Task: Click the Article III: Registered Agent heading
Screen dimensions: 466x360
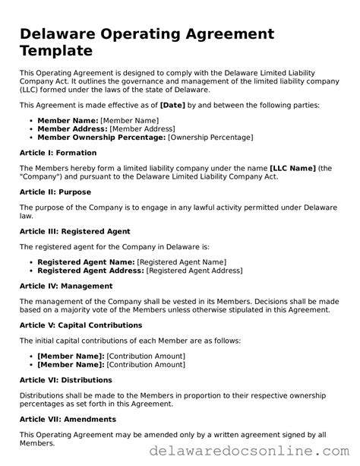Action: tap(74, 231)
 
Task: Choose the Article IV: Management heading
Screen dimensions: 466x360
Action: tap(65, 286)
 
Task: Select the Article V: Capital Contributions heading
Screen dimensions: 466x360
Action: tap(81, 325)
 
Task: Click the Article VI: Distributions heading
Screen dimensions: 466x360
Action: tap(65, 379)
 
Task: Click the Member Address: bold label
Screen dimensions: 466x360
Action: tap(72, 128)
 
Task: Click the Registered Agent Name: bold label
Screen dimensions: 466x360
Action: tap(86, 262)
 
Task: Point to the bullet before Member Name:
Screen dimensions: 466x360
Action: tap(31, 121)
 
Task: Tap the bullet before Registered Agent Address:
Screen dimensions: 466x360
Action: tap(31, 270)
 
